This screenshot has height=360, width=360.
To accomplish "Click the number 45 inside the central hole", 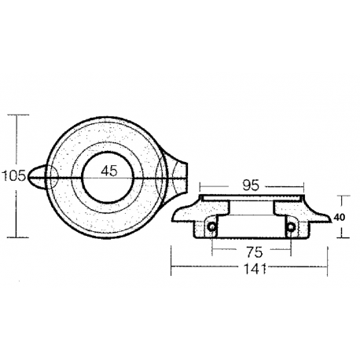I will click(109, 171).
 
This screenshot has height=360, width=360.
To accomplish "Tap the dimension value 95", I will click(249, 187).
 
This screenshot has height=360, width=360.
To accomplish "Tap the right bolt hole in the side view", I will click(291, 229).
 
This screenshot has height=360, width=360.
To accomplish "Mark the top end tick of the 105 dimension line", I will click(17, 115).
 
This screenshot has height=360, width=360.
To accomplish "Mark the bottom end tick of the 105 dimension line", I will click(17, 237).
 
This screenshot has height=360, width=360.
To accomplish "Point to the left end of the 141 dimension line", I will click(172, 270).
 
